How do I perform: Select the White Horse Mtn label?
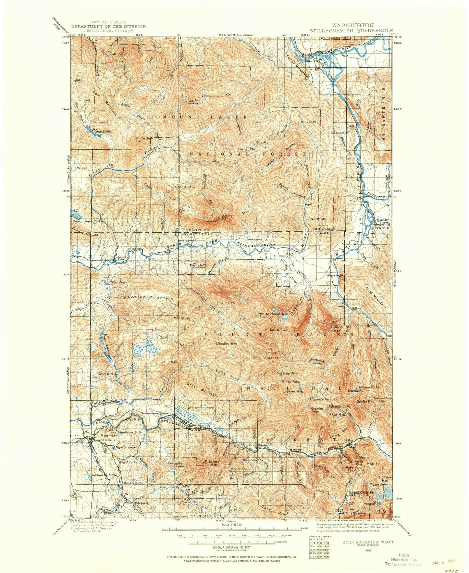pos(273,314)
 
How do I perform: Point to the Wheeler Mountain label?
pos(148,297)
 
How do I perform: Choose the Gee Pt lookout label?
pos(192,101)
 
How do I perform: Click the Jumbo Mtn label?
pos(337,329)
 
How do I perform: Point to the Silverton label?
pos(362,444)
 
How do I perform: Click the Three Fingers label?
pos(272,355)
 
